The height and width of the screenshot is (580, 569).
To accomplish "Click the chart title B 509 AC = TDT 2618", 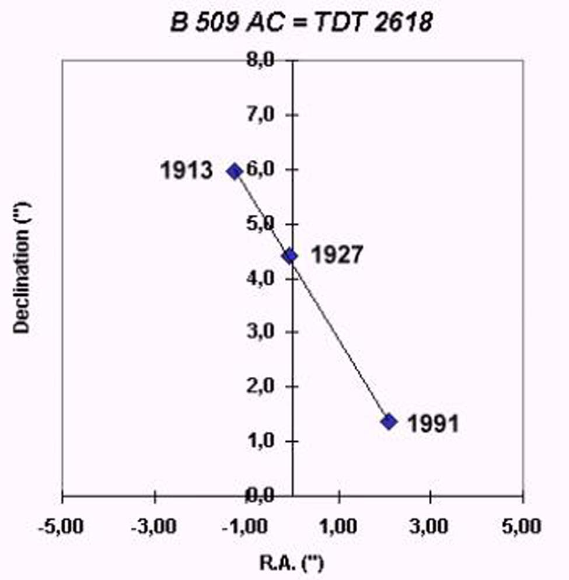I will (301, 23).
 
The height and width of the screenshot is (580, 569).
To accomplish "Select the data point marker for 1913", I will (235, 171).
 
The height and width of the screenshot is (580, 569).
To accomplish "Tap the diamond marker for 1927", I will (290, 256).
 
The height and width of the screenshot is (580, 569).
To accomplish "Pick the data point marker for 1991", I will (389, 421).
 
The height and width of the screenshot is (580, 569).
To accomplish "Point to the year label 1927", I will (337, 256).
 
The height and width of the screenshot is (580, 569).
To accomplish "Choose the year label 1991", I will (432, 424).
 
